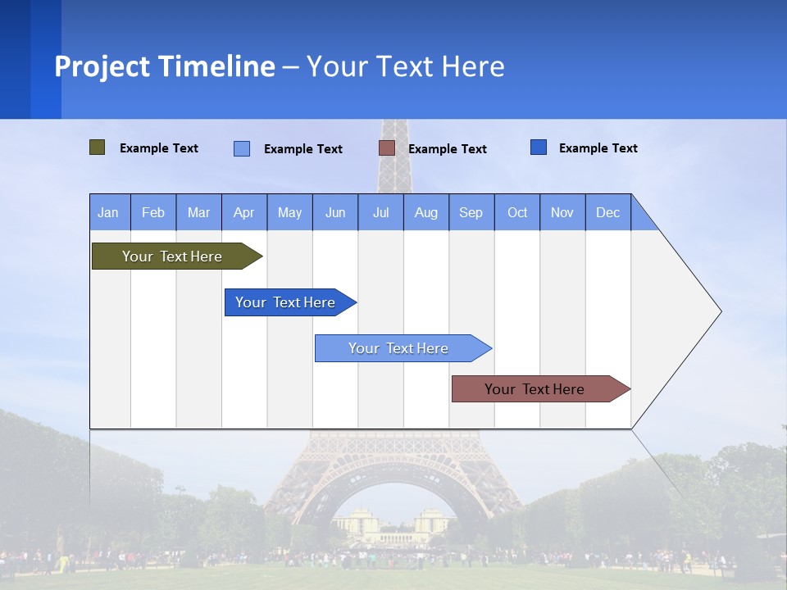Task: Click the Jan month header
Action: coord(109,212)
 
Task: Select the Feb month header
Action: coord(153,212)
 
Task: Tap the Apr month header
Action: coord(244,212)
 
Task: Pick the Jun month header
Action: coord(335,212)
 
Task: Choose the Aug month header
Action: coord(426,212)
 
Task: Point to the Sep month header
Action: coord(471,212)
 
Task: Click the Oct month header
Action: coord(517,212)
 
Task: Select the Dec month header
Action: coord(608,212)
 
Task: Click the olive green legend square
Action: coord(98,147)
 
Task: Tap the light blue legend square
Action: coord(242,148)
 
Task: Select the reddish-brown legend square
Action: coord(387,148)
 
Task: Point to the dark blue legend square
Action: coord(539,147)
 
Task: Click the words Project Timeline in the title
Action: coord(165,66)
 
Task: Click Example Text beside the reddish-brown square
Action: coord(448,149)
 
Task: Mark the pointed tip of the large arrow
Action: coord(719,311)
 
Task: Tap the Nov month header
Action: coord(562,212)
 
